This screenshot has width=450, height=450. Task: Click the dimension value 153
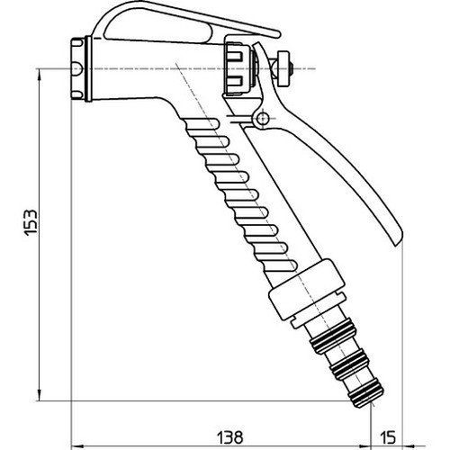31,222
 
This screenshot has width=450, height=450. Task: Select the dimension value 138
230,437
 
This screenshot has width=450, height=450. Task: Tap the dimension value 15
388,437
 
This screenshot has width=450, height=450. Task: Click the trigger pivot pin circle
263,119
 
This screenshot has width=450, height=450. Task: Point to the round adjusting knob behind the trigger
283,68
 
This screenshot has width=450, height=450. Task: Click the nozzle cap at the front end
78,68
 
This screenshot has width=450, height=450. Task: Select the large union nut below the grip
307,290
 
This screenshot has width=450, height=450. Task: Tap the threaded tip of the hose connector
367,396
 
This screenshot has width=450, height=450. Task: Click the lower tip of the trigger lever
399,240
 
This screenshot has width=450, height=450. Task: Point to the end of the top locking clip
276,34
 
